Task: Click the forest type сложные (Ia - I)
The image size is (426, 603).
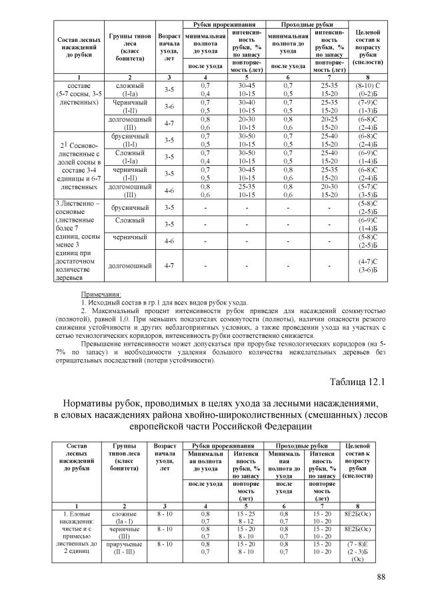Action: pyautogui.click(x=125, y=517)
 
